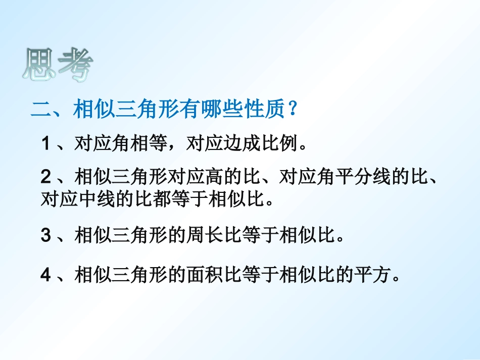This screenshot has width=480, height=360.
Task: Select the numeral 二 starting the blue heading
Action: click(40, 110)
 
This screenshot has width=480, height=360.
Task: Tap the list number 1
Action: click(45, 145)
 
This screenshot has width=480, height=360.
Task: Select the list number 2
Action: click(45, 177)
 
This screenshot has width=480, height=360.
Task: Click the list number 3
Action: click(45, 236)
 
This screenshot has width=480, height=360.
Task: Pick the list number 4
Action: click(45, 275)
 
